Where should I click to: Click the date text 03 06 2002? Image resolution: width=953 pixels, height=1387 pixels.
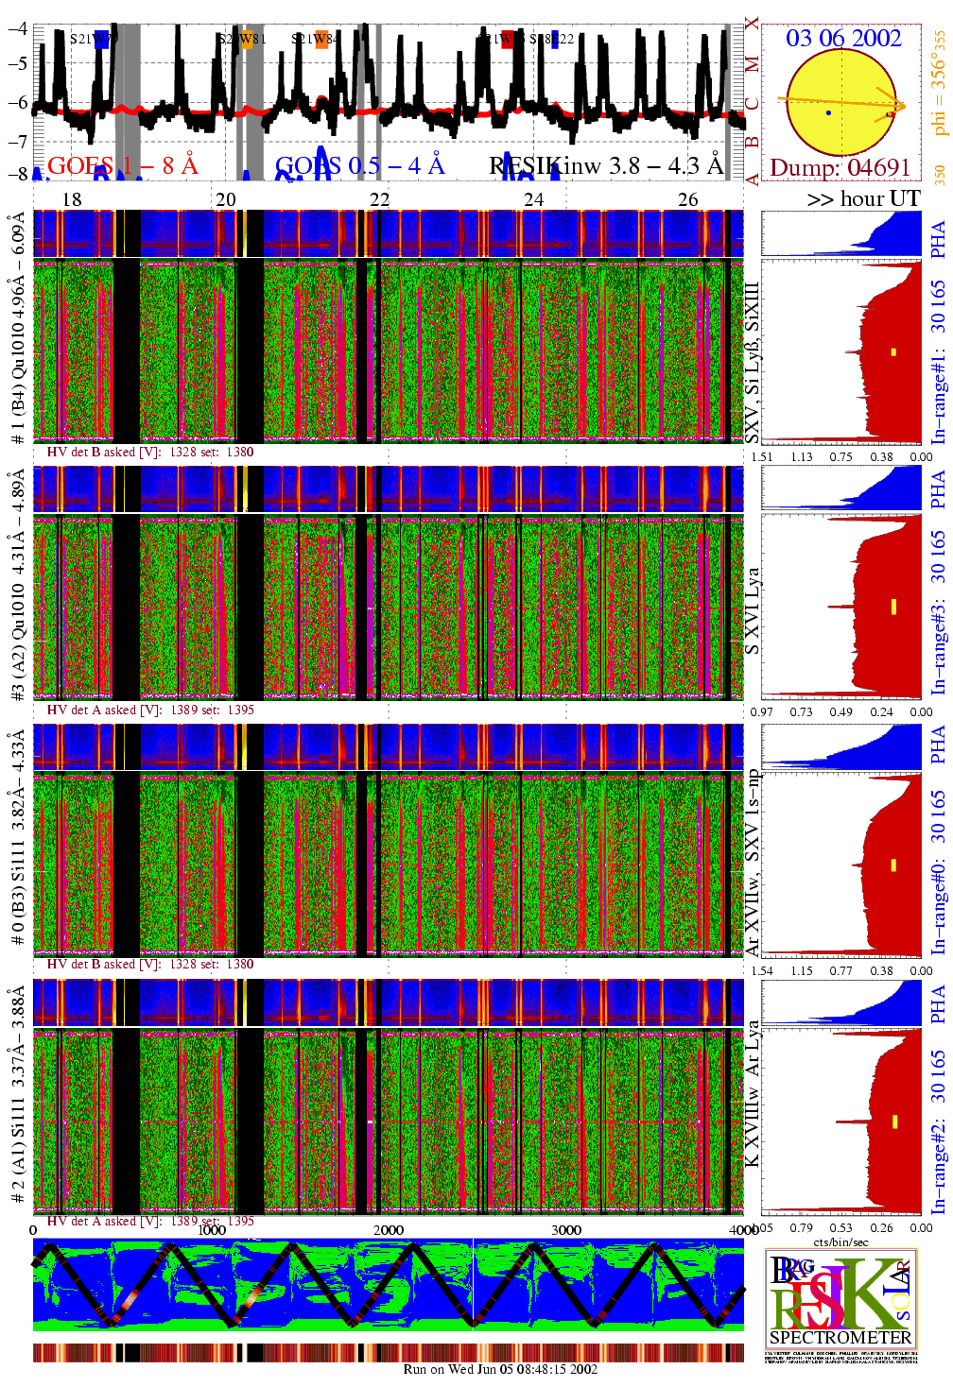[843, 39]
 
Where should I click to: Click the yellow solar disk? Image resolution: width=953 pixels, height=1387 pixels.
[840, 102]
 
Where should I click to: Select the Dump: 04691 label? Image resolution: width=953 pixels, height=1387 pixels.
[840, 168]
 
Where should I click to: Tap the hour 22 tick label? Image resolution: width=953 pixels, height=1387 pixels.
[379, 199]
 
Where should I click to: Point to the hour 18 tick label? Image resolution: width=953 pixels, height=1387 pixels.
[72, 199]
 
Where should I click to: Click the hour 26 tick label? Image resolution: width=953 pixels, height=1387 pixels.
[688, 199]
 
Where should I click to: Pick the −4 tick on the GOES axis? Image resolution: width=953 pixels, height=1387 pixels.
[17, 28]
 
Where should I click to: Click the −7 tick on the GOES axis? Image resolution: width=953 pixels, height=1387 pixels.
[17, 141]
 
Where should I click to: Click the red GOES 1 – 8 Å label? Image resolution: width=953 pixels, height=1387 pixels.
[123, 166]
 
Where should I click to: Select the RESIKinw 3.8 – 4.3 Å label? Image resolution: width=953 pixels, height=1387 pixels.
[606, 166]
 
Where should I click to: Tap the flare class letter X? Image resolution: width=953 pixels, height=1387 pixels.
[752, 24]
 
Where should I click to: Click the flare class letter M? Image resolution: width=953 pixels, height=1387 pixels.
[752, 64]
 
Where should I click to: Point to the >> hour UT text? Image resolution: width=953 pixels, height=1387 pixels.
[863, 199]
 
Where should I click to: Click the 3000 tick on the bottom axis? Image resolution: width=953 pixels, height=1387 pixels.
[566, 1230]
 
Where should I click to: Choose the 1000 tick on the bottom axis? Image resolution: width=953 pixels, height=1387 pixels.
[212, 1230]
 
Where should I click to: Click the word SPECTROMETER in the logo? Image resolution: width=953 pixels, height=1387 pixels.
[840, 1337]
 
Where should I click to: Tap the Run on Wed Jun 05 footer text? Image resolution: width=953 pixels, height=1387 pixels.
[500, 1369]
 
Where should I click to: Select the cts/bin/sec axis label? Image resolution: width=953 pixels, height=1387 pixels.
[840, 1241]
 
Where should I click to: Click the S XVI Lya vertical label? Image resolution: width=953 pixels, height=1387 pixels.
[752, 610]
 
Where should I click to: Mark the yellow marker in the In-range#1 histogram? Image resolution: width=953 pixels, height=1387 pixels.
[893, 352]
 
